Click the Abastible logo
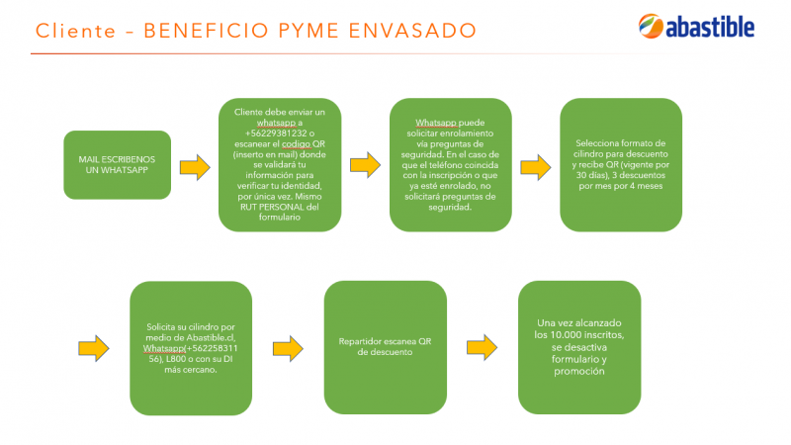pos(696,27)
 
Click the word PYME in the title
pos(308,31)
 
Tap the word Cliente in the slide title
pos(76,31)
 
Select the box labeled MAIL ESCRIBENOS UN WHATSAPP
pos(117,165)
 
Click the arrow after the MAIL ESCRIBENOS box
pos(195,167)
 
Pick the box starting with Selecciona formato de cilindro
pos(621,165)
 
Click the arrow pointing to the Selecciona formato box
pos(536,167)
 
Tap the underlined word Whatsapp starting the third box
pos(436,123)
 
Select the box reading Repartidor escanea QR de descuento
pos(386,348)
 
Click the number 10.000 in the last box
pos(565,335)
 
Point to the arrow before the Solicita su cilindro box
pos(93,348)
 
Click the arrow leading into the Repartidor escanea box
pos(288,348)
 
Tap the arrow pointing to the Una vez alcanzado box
pos(482,347)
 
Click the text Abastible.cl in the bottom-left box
pos(212,337)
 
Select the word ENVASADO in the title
pos(412,31)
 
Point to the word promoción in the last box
pos(579,372)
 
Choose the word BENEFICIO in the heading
pos(206,31)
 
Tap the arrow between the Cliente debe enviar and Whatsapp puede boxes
pos(365,165)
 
